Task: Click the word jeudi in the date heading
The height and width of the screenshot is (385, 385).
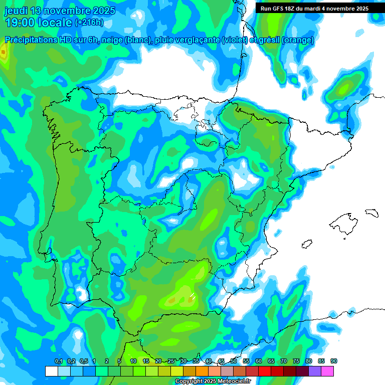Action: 16,11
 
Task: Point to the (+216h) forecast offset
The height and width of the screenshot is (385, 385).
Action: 89,23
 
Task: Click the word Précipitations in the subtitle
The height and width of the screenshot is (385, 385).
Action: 31,40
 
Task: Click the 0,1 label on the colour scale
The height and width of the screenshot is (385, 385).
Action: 58,361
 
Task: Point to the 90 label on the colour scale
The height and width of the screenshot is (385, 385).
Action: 334,361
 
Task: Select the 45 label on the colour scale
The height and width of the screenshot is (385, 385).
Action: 221,361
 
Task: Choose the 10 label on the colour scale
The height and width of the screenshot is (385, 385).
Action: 133,361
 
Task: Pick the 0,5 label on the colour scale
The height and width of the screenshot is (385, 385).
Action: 83,361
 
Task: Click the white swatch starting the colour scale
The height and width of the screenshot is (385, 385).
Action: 51,371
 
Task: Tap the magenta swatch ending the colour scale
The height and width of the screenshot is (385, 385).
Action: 327,371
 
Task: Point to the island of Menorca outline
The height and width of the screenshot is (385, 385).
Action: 371,213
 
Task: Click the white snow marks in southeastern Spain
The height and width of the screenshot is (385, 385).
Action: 192,296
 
